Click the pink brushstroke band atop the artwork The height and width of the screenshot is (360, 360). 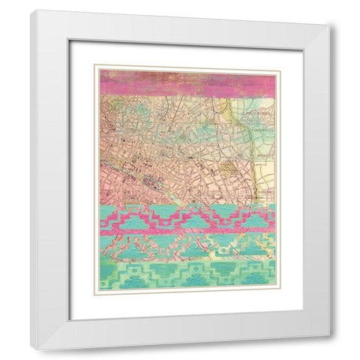pos(187,83)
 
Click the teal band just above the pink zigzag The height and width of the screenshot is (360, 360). pos(187,210)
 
